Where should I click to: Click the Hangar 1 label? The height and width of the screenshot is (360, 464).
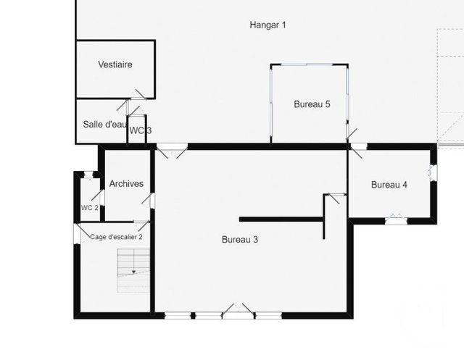[268, 25]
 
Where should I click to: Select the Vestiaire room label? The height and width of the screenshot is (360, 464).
[115, 65]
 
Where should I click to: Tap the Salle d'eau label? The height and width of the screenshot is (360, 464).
[105, 125]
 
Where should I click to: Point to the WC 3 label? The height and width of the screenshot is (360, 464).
[140, 130]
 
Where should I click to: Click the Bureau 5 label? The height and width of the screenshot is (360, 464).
[312, 104]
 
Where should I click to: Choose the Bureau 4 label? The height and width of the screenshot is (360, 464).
[389, 185]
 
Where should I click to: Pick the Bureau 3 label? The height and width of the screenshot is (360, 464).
[240, 240]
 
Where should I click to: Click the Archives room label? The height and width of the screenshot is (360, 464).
[126, 184]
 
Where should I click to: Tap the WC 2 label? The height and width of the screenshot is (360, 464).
[89, 208]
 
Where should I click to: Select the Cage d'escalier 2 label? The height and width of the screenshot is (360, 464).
[115, 236]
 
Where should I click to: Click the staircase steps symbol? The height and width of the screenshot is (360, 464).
[134, 269]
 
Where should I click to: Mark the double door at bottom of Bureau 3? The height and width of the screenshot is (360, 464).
[238, 313]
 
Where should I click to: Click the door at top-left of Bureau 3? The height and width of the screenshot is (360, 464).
[171, 150]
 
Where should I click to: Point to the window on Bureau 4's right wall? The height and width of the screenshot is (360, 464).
[434, 173]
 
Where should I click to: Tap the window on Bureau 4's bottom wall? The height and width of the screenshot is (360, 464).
[395, 218]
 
